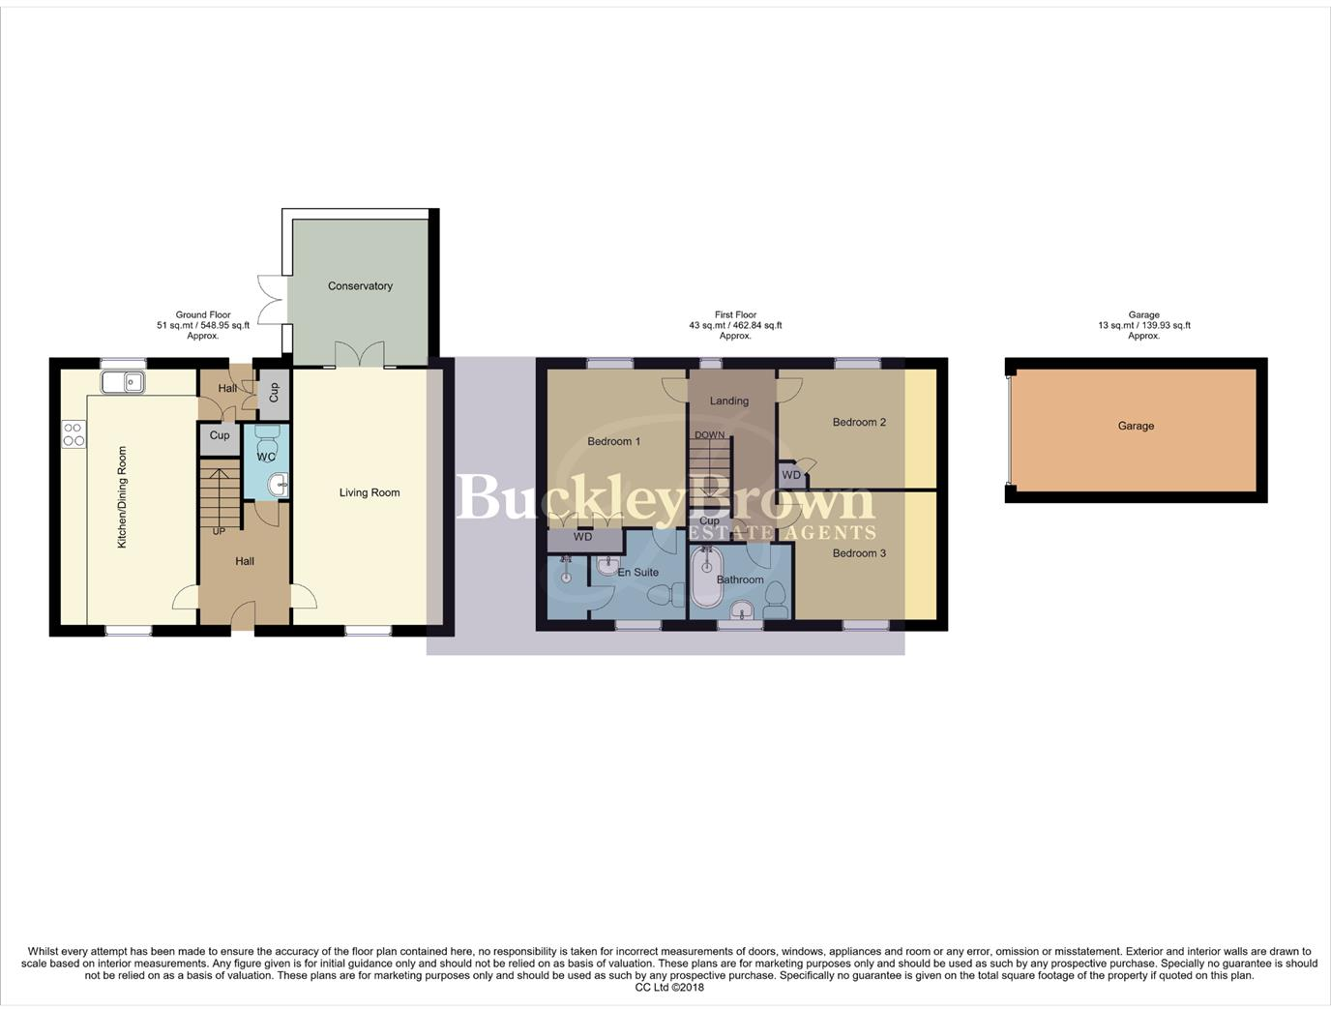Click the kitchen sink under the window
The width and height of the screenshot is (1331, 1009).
pyautogui.click(x=123, y=383)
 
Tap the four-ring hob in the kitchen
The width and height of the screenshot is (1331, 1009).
pyautogui.click(x=74, y=434)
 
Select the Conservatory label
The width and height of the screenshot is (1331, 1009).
pyautogui.click(x=360, y=286)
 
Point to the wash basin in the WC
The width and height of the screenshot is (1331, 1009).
pyautogui.click(x=278, y=485)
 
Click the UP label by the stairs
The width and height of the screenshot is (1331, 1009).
pyautogui.click(x=219, y=531)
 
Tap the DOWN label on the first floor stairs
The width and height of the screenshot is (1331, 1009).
pyautogui.click(x=709, y=435)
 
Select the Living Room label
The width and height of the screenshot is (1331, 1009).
pyautogui.click(x=370, y=492)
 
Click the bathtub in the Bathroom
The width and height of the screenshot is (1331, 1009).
pyautogui.click(x=705, y=579)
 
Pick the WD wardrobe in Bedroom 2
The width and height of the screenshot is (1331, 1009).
pyautogui.click(x=791, y=475)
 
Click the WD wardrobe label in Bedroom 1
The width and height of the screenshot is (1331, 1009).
pyautogui.click(x=582, y=537)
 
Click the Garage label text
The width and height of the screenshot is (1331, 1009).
pyautogui.click(x=1136, y=426)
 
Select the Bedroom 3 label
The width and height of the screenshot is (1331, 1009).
pyautogui.click(x=859, y=553)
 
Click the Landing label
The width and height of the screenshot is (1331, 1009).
pyautogui.click(x=729, y=401)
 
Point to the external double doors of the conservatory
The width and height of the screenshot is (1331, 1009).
pyautogui.click(x=272, y=300)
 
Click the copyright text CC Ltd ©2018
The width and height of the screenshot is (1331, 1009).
pyautogui.click(x=669, y=988)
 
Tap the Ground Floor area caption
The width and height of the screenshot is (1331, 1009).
pyautogui.click(x=203, y=325)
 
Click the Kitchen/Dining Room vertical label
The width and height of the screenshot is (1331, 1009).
pyautogui.click(x=122, y=497)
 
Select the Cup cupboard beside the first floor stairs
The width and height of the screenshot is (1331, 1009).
pyautogui.click(x=709, y=521)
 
